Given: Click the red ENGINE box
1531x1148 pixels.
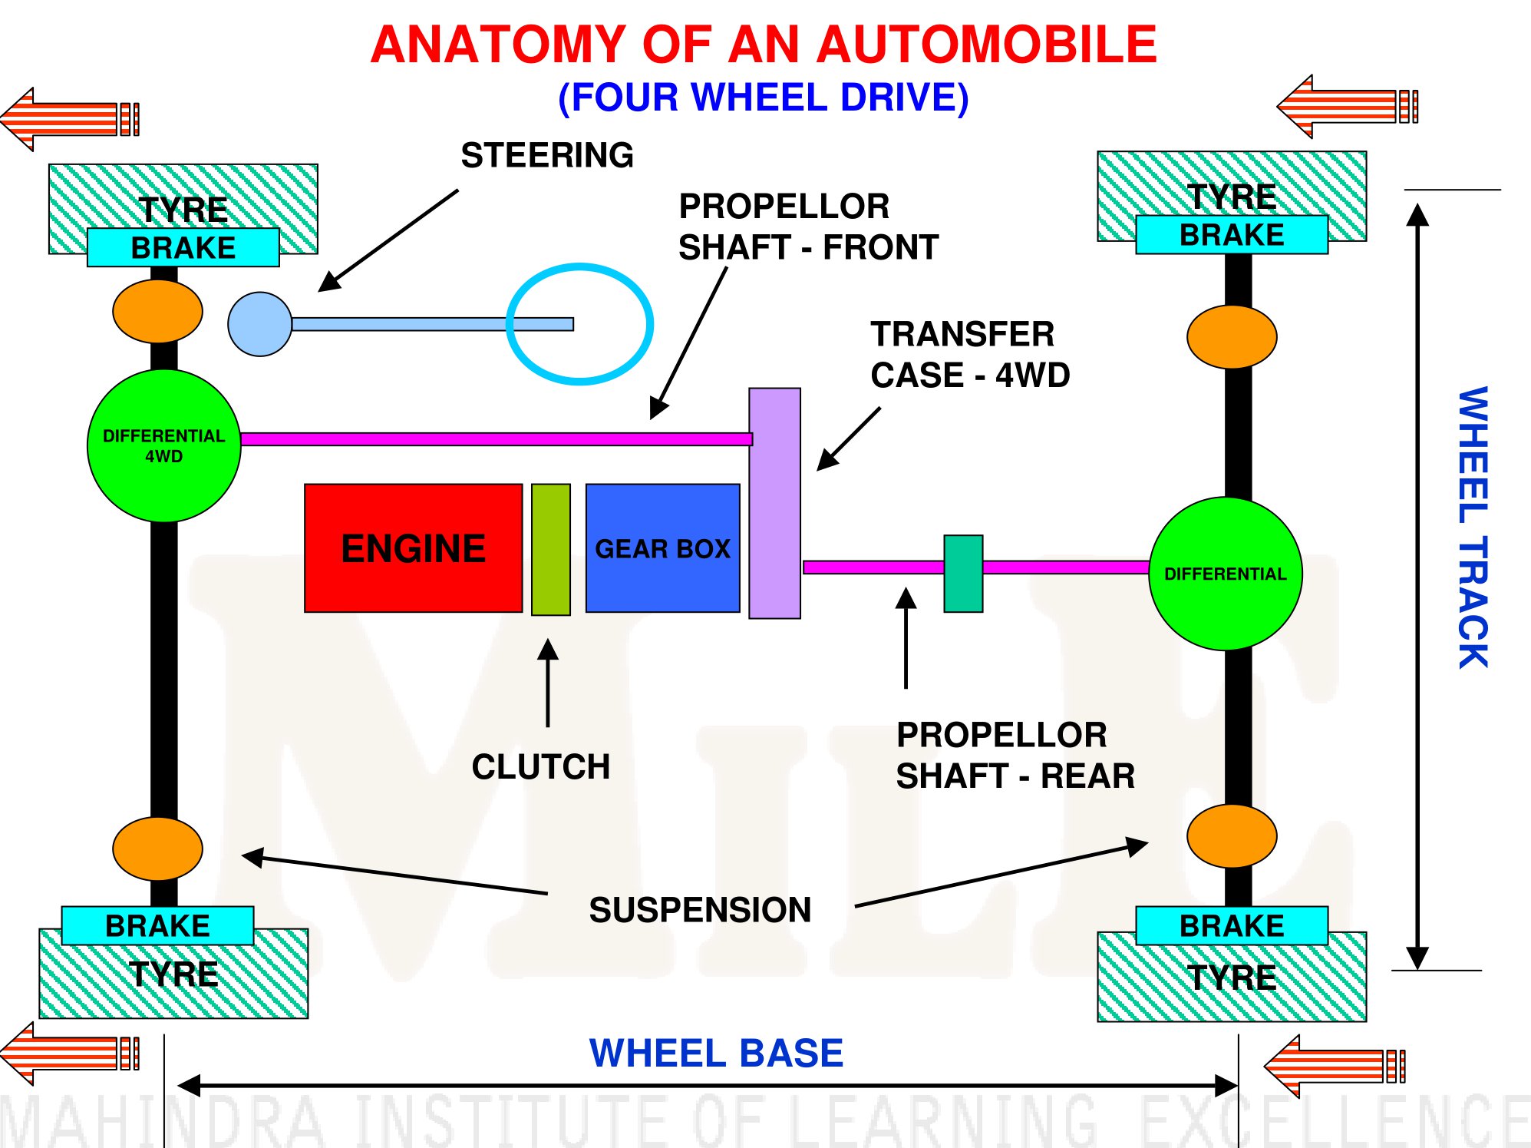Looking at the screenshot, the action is point(414,548).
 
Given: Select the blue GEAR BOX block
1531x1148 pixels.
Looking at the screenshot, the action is point(663,548).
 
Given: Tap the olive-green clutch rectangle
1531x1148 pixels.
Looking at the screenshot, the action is point(551,550).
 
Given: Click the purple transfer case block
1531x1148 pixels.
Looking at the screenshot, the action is point(775,503).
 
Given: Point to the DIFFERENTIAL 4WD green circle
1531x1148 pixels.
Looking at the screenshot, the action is point(164,446).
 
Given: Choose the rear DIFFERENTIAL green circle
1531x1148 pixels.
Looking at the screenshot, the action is point(1226,574).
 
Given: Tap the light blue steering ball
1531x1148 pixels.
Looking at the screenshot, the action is point(260,324).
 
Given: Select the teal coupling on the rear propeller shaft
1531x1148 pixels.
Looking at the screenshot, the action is point(963,574).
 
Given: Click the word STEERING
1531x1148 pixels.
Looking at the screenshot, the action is point(547,155).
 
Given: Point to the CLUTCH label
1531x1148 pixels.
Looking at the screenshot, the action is point(541,766).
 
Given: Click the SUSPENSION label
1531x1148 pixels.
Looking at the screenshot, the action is point(700,910).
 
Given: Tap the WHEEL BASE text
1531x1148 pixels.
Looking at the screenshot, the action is point(716,1053).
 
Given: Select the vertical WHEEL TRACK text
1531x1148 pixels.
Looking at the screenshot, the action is point(1473,528).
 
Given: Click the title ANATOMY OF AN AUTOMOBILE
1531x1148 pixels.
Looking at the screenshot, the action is point(764,45).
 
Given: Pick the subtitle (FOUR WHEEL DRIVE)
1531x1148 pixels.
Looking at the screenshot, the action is point(764,98).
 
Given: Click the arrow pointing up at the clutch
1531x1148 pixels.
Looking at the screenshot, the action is point(548,683).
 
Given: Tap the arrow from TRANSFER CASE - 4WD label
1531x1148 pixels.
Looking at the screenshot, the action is point(849,438).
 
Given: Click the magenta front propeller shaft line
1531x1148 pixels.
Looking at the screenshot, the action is point(497,439).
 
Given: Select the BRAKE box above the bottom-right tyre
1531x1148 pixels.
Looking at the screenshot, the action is point(1232,926).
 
